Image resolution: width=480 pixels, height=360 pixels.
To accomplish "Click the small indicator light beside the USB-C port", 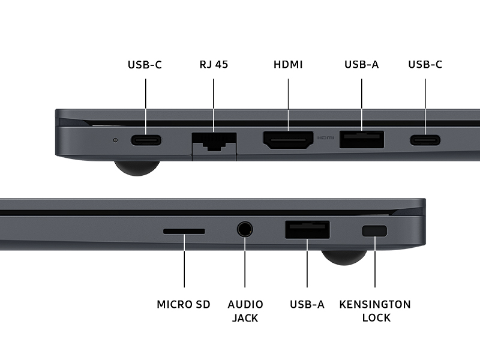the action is [115, 140].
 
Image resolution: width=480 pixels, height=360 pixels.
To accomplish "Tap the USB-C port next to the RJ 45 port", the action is [146, 140].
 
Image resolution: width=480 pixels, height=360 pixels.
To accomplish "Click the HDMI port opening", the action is [288, 140].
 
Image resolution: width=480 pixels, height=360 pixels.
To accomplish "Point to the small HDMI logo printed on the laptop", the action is [325, 138].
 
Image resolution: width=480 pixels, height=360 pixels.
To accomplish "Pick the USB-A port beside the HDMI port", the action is [362, 140].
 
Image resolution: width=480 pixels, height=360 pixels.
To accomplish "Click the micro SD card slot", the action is [184, 231].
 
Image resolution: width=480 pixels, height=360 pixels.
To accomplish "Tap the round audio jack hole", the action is [245, 230].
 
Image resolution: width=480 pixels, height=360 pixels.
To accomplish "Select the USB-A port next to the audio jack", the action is [307, 230].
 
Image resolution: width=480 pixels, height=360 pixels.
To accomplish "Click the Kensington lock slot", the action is [374, 231].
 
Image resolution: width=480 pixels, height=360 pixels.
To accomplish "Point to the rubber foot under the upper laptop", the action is [137, 168].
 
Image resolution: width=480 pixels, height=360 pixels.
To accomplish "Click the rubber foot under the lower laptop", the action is [344, 257].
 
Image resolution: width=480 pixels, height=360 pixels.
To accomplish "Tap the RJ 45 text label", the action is [214, 65].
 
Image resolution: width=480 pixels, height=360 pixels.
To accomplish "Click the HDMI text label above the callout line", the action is [288, 65].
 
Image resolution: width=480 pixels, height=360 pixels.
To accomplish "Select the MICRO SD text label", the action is [184, 305].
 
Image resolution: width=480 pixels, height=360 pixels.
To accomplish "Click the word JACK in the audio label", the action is [245, 318].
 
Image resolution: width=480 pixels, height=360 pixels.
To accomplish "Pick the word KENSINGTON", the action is [375, 305].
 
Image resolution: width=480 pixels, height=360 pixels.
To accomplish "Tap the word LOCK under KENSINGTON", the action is [376, 318].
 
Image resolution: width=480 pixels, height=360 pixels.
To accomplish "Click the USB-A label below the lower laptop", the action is [307, 305].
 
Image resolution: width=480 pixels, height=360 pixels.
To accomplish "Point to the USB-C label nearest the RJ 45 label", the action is [145, 65].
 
